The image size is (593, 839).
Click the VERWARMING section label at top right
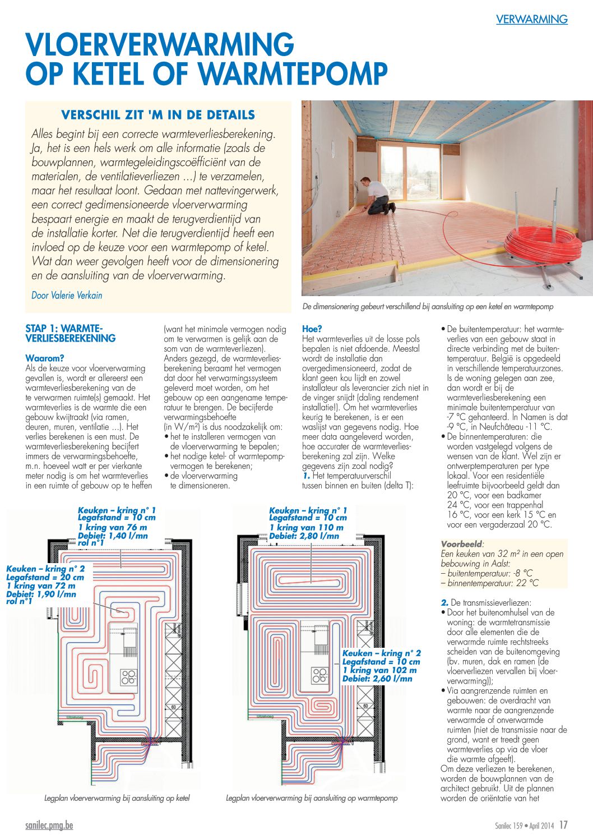point(531,20)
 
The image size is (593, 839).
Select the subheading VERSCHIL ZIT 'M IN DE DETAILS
point(158,115)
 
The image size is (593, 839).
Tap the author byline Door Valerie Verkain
point(67,295)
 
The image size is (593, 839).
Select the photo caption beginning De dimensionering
point(428,307)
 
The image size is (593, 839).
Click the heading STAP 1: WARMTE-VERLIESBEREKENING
point(71,333)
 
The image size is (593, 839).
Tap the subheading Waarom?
point(45,358)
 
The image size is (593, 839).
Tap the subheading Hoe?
point(312,329)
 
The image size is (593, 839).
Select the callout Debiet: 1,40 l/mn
point(113,536)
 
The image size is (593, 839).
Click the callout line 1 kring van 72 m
point(40,586)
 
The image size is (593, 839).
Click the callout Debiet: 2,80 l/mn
point(304,536)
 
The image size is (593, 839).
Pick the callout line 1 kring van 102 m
point(379,670)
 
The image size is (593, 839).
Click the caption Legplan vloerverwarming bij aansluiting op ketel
point(117,798)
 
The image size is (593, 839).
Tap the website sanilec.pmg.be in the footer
point(49,826)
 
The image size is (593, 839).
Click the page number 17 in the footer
point(563,826)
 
